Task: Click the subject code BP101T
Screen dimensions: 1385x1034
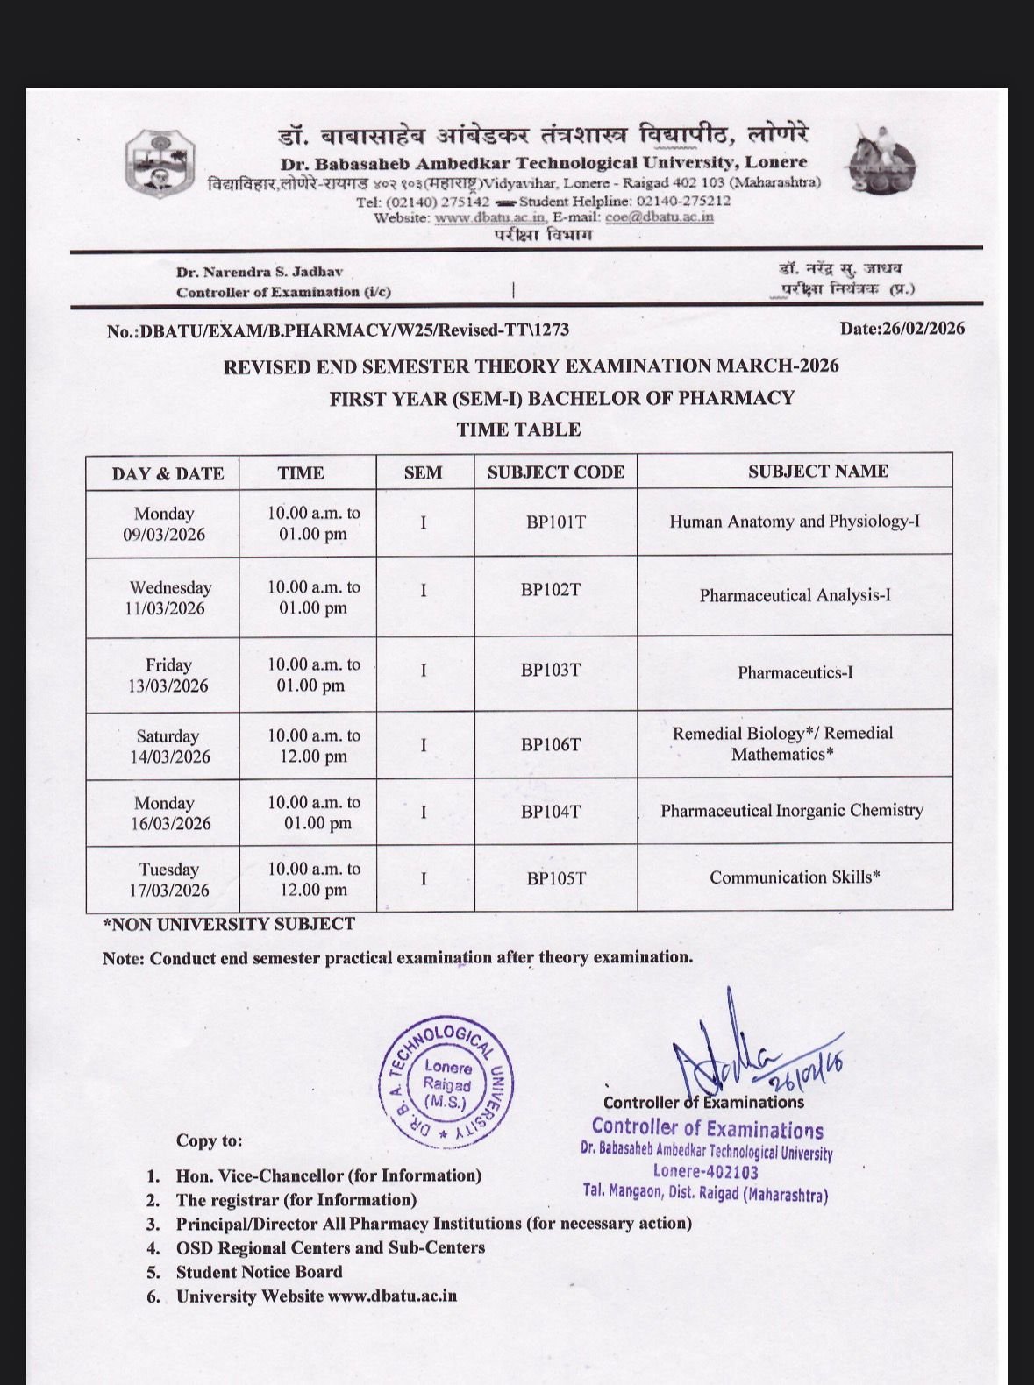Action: click(555, 522)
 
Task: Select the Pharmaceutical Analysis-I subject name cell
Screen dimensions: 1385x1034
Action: click(795, 596)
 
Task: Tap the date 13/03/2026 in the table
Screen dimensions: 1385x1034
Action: click(168, 686)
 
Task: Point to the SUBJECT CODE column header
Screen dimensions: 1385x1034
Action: click(555, 472)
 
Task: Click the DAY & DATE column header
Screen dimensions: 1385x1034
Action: click(168, 474)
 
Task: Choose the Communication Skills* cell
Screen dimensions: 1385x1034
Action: click(795, 877)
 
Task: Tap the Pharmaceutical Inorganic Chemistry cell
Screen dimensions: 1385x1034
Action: click(792, 811)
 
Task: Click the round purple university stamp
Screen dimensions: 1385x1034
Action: click(446, 1084)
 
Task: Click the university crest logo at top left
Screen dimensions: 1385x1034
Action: click(159, 162)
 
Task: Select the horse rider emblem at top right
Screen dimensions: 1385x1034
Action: click(880, 160)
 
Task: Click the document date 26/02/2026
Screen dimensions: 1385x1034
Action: click(902, 329)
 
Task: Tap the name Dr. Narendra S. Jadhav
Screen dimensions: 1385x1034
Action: click(260, 273)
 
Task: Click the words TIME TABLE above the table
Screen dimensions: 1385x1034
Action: click(518, 430)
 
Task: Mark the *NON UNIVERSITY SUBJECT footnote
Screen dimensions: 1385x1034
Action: click(229, 924)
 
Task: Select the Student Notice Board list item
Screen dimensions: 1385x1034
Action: click(259, 1272)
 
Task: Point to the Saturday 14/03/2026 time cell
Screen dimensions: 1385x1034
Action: click(313, 746)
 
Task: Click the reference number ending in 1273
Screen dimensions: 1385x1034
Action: click(338, 330)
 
